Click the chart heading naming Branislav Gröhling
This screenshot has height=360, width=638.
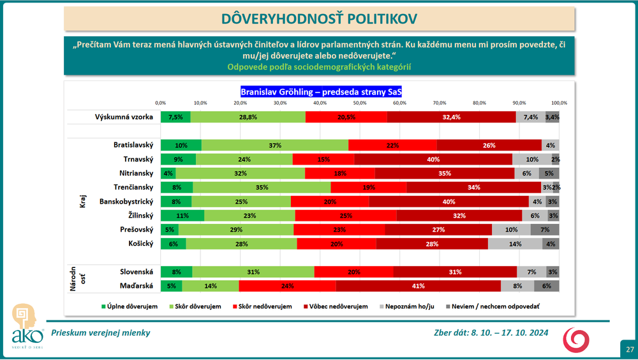[x=321, y=91]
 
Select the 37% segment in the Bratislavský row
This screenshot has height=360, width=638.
[x=275, y=145]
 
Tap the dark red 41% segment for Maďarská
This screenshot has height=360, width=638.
[x=418, y=287]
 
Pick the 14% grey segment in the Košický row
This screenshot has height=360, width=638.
[x=515, y=243]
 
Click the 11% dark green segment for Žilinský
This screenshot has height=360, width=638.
[x=182, y=216]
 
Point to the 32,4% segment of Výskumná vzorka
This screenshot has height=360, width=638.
[x=451, y=117]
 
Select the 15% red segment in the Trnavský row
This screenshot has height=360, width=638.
[x=323, y=159]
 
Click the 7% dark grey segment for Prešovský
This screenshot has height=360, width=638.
[x=545, y=229]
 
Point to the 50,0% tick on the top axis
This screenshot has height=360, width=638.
[x=360, y=103]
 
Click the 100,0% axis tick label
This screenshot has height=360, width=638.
[x=559, y=103]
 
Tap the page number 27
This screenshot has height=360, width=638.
[x=629, y=350]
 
